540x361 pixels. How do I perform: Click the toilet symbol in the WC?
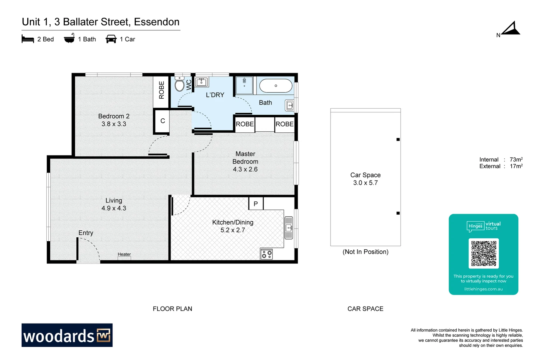click(179, 84)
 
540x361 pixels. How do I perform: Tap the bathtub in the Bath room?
click(276, 86)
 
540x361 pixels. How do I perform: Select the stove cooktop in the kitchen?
click(266, 254)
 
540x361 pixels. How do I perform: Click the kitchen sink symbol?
click(289, 228)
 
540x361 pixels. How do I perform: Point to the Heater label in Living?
click(124, 254)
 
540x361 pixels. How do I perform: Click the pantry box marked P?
click(256, 204)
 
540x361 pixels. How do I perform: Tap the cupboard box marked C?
click(162, 121)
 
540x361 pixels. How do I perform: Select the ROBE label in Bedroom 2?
click(161, 90)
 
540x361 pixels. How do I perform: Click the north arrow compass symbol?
click(511, 29)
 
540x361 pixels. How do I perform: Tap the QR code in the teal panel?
click(483, 253)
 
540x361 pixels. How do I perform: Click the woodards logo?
click(67, 335)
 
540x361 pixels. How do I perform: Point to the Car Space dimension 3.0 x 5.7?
click(365, 183)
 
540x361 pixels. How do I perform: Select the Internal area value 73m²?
click(516, 159)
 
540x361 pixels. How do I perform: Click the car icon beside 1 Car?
click(111, 39)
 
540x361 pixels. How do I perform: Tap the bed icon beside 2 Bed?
click(28, 39)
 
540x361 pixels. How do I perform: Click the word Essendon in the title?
click(156, 22)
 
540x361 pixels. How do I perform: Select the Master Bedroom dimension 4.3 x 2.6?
click(245, 169)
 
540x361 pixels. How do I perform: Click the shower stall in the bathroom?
click(244, 85)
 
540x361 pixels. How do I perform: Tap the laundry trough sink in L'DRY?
click(201, 82)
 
